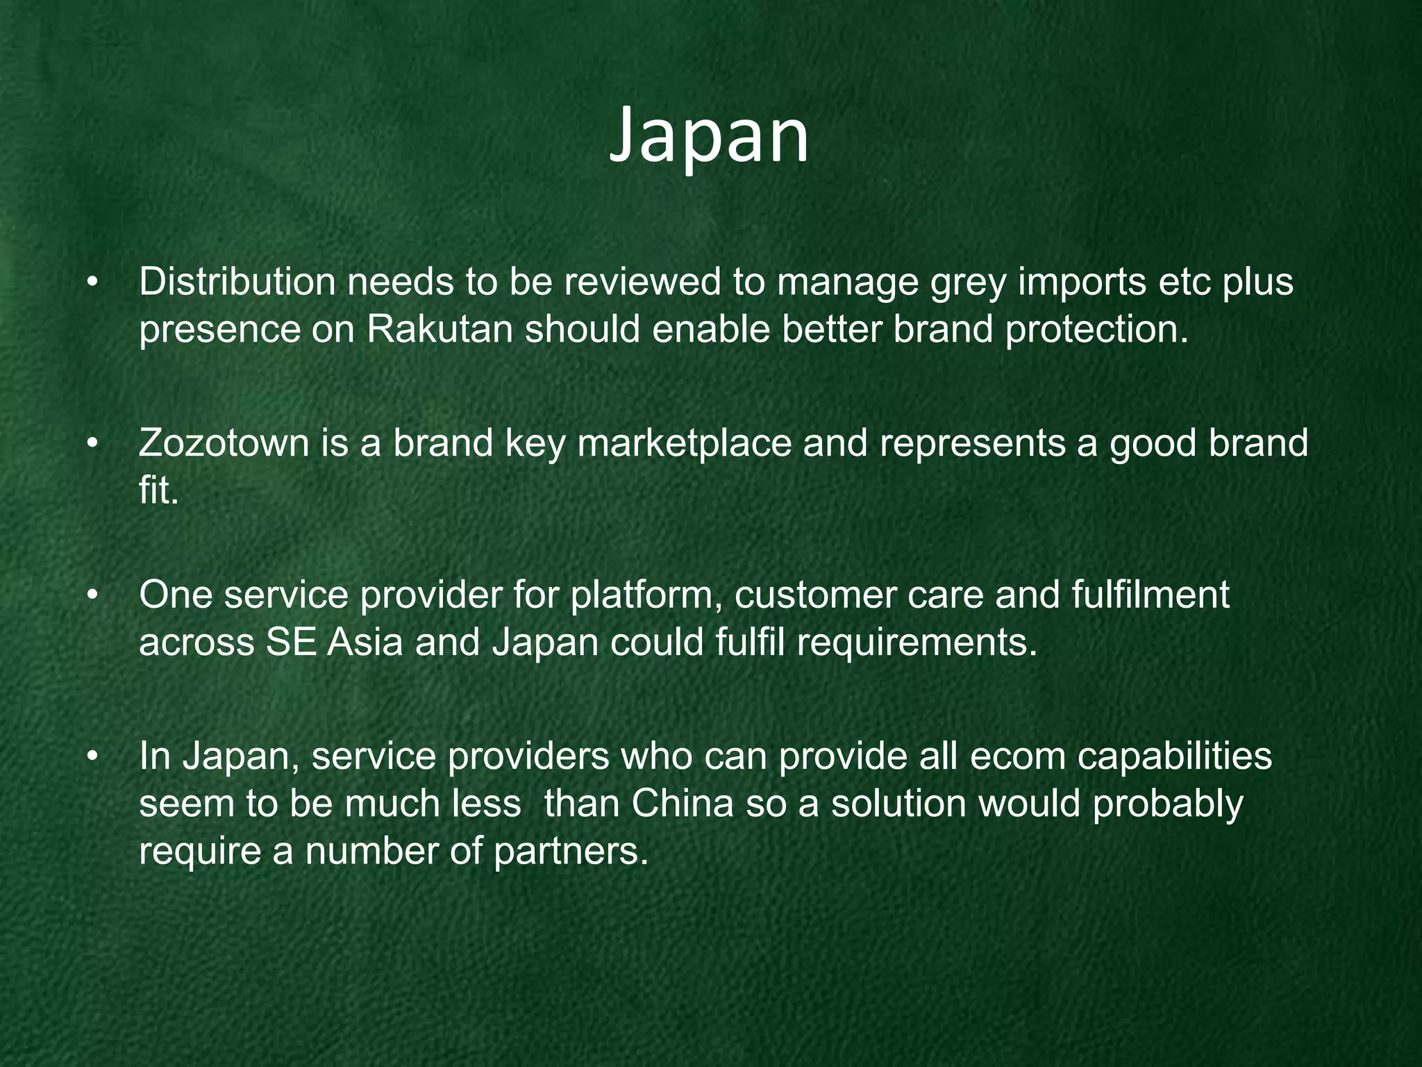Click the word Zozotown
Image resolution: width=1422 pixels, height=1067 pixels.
(x=224, y=443)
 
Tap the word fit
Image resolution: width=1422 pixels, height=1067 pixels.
(x=158, y=490)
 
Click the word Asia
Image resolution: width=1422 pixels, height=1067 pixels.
(x=365, y=643)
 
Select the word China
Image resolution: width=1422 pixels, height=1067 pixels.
(x=683, y=804)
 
